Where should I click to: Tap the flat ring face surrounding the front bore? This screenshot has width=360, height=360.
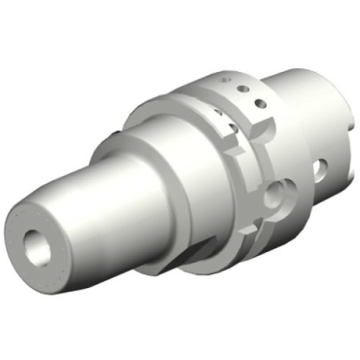tap(22, 235)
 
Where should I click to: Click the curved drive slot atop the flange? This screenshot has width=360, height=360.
tap(253, 132)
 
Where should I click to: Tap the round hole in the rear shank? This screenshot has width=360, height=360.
tap(320, 170)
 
